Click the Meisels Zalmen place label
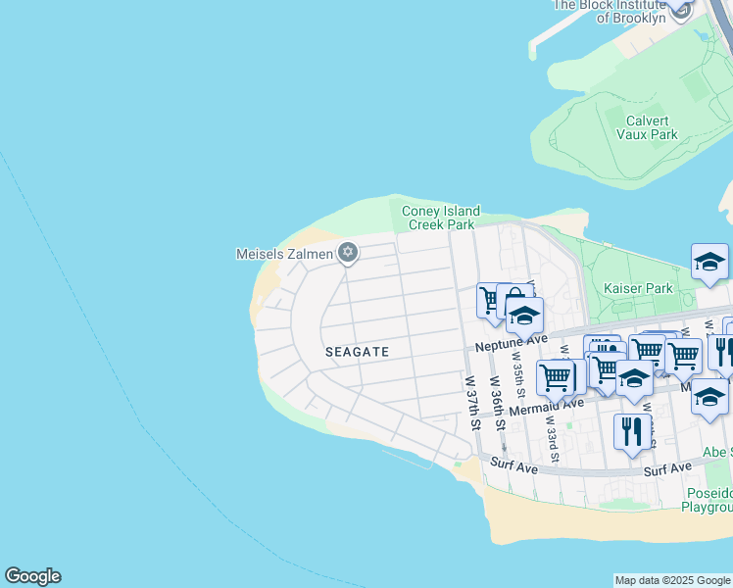coord(283,254)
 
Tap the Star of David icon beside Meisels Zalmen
coord(347,254)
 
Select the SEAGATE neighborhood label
coord(358,351)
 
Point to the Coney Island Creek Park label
coord(441,218)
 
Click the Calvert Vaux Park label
coord(652,127)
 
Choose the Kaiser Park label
coord(638,289)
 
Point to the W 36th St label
coord(498,402)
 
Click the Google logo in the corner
coord(32,576)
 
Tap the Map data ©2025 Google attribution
coord(672,580)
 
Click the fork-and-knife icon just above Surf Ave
coord(632,432)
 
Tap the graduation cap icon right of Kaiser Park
coord(709,263)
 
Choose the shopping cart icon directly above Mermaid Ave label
coord(556,376)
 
